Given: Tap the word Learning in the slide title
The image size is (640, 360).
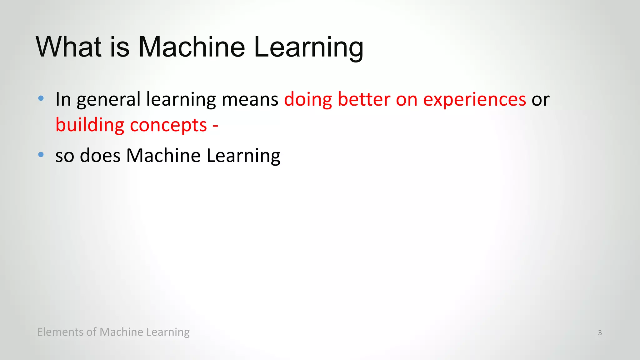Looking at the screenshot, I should coord(308,47).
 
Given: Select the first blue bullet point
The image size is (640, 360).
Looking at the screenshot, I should coord(41,98).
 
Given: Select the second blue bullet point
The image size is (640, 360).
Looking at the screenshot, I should coord(41,154).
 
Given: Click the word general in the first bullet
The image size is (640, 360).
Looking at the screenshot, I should coord(108,100).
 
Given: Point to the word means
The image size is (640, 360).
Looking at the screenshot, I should coord(250,100).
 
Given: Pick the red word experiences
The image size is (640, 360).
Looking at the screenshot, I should coord(474,100).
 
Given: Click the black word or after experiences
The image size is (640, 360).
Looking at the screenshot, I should coord(540,100).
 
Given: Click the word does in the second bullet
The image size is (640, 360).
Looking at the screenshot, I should coord(100,155).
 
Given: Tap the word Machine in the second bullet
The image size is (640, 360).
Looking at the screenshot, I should coord(163,155).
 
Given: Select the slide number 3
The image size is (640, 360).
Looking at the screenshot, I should coord(600,333).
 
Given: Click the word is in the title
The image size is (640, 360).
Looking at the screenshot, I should coord(120,47).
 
